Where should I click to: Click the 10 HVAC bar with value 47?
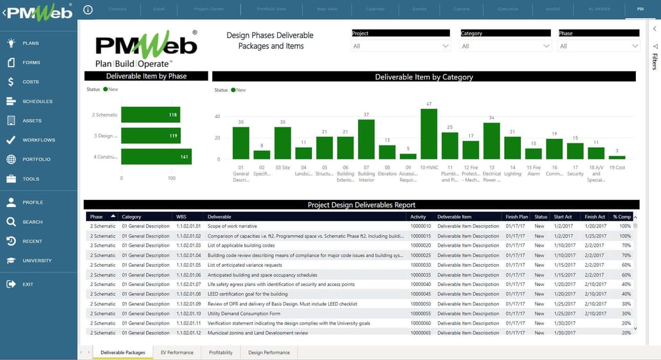pyautogui.click(x=429, y=134)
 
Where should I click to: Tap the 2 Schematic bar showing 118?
pyautogui.click(x=150, y=114)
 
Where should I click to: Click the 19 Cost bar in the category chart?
pyautogui.click(x=617, y=157)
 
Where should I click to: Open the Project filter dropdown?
pyautogui.click(x=401, y=46)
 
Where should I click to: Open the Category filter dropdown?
pyautogui.click(x=506, y=46)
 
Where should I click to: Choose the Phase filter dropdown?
pyautogui.click(x=599, y=46)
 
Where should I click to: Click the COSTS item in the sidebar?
pyautogui.click(x=30, y=82)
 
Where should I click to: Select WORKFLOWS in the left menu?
pyautogui.click(x=38, y=140)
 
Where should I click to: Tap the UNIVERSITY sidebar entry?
pyautogui.click(x=37, y=260)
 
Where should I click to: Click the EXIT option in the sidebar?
pyautogui.click(x=28, y=284)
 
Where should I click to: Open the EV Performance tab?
pyautogui.click(x=177, y=352)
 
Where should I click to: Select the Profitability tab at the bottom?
pyautogui.click(x=221, y=352)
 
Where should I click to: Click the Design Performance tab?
pyautogui.click(x=269, y=352)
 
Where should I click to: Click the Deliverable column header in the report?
pyautogui.click(x=220, y=217)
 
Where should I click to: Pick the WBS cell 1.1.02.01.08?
pyautogui.click(x=188, y=294)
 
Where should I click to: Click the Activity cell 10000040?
pyautogui.click(x=421, y=284)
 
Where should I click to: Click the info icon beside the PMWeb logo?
pyautogui.click(x=88, y=10)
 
